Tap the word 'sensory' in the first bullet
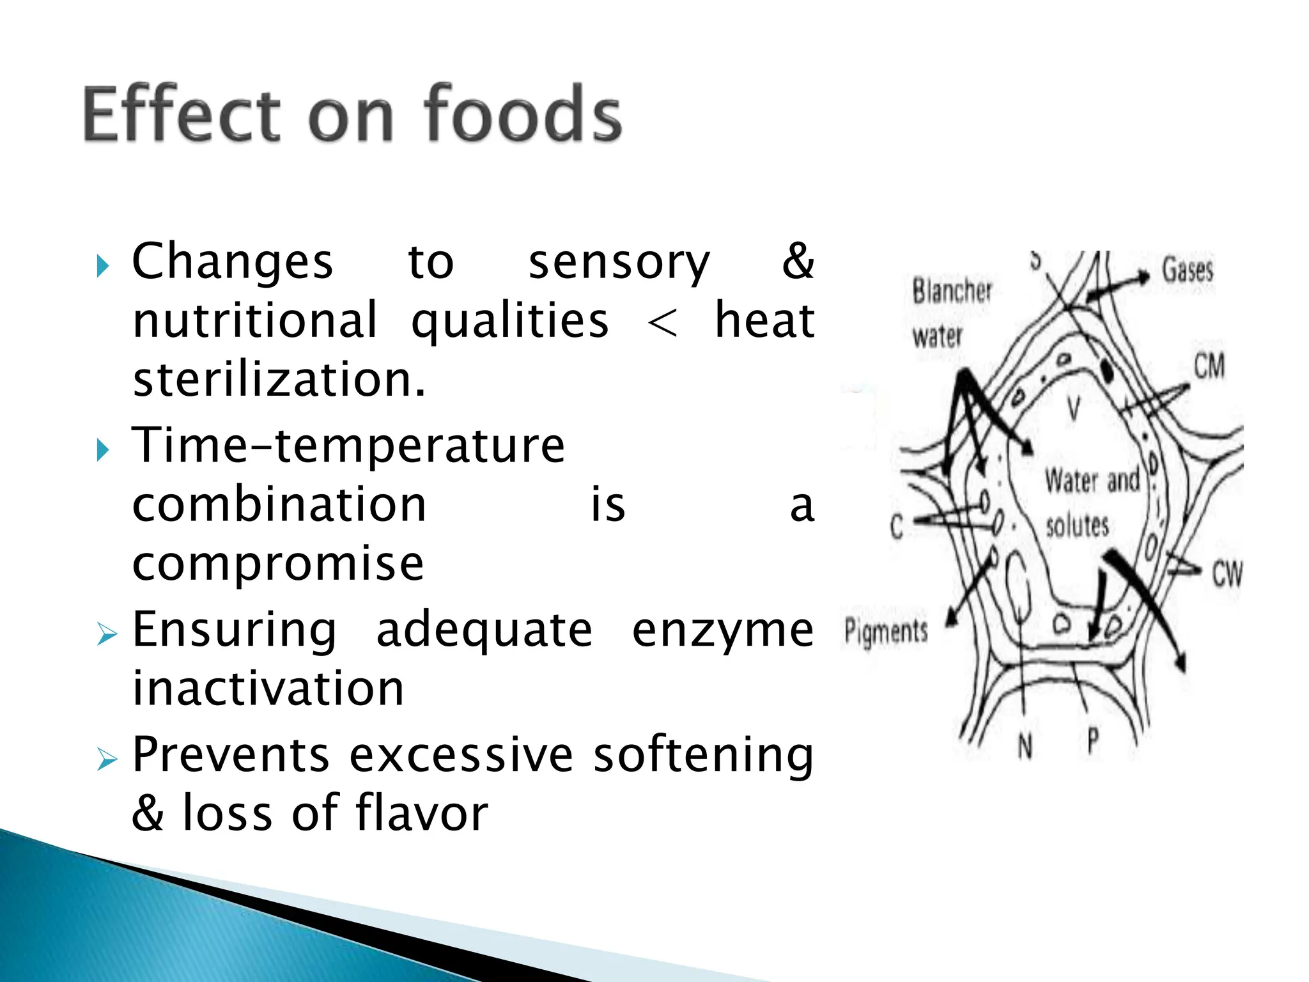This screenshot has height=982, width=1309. pos(619,263)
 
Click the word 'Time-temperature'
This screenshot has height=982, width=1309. pos(348,446)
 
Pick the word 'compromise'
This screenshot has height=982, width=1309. pos(278,565)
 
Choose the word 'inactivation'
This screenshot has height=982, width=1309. pos(268,689)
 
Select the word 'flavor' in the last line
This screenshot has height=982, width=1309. pos(422,813)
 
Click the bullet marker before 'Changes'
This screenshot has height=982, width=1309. pos(103,265)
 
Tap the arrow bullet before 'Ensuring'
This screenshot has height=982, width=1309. pos(107,634)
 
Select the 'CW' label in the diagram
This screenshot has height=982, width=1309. pos(1227,573)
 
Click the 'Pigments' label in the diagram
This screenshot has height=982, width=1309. pos(886,631)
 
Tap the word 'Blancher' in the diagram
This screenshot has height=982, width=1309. pos(952,292)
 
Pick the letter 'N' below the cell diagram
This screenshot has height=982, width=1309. pos(1025,745)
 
